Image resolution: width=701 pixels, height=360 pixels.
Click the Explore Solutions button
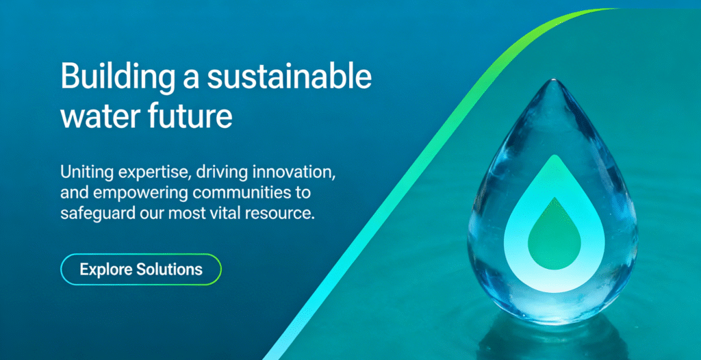[x=141, y=269]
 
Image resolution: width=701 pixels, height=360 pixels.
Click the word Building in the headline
[x=117, y=77]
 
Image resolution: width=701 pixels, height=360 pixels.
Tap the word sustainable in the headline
[x=288, y=75]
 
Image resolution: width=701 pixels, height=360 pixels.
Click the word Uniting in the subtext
[x=82, y=172]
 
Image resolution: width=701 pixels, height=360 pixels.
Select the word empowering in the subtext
[x=137, y=194]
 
